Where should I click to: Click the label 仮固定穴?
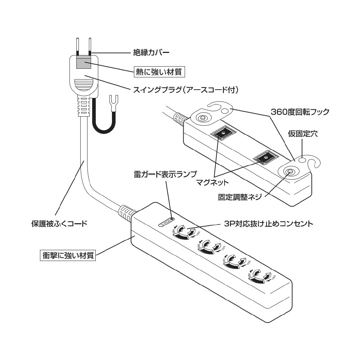tap(303, 134)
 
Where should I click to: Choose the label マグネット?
tap(212, 182)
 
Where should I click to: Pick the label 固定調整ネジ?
tap(239, 197)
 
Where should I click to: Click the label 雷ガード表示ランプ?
tap(165, 174)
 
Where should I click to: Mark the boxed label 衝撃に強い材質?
tap(67, 256)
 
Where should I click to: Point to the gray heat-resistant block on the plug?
tap(84, 63)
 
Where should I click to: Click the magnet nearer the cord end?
tap(223, 134)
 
